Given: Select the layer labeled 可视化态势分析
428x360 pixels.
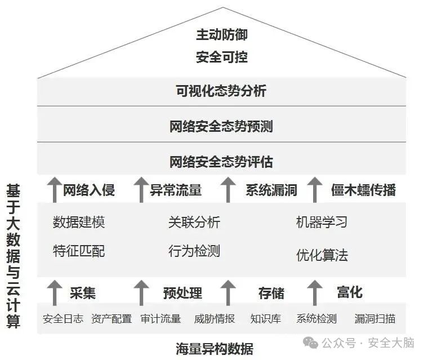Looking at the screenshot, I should click(221, 91).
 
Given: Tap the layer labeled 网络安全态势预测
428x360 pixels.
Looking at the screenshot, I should click(221, 126).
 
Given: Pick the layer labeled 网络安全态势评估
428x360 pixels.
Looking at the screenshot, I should click(221, 162).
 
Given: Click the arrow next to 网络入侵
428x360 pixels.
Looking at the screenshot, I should click(53, 189).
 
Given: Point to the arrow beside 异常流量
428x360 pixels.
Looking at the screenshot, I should click(141, 189).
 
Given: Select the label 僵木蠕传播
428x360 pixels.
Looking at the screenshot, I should click(363, 190).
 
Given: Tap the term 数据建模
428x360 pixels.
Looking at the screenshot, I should click(79, 222).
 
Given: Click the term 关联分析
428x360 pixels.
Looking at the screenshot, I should click(194, 222).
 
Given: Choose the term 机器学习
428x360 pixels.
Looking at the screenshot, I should click(322, 222).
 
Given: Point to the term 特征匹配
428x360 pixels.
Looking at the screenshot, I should click(79, 251).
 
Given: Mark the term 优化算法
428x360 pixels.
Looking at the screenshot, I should click(322, 255).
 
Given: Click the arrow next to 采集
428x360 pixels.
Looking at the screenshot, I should click(53, 292).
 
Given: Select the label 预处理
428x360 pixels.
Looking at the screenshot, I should click(182, 293).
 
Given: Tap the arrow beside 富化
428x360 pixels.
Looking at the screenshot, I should click(315, 292).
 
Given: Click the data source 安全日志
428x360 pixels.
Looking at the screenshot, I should click(63, 319).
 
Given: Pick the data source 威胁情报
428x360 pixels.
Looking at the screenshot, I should click(215, 319).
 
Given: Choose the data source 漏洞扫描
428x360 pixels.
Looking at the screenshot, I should click(375, 319).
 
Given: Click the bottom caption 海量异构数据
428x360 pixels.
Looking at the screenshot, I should click(214, 348).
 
